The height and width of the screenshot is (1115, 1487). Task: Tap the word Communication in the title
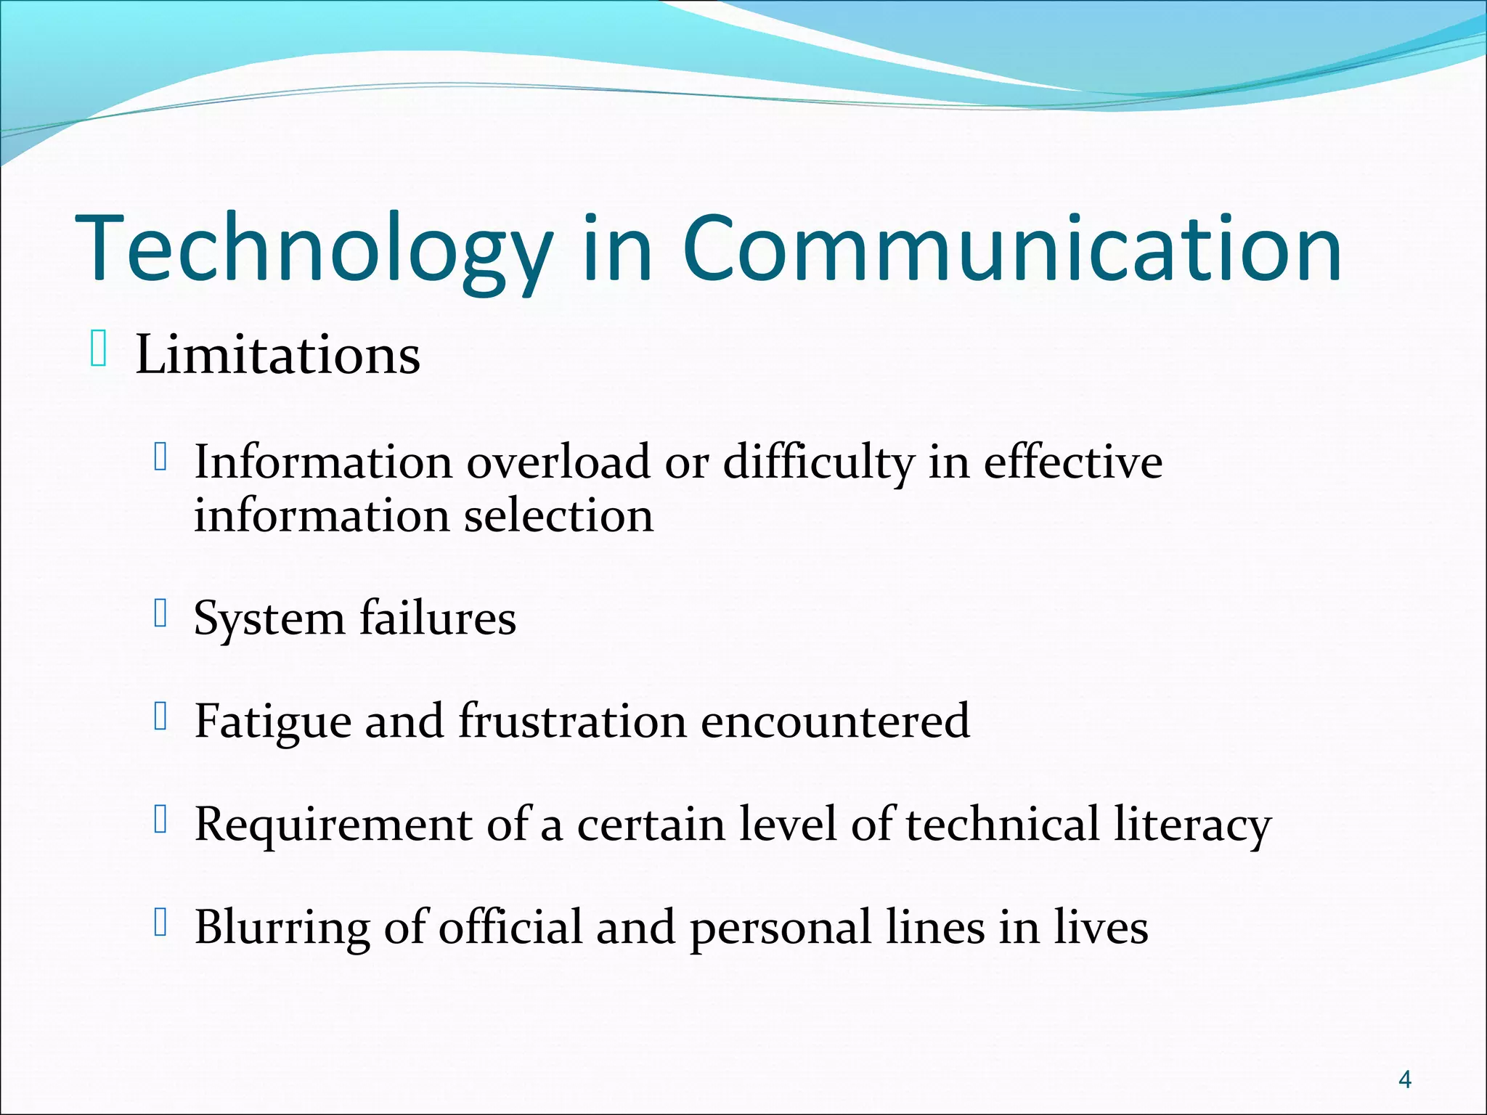[1011, 248]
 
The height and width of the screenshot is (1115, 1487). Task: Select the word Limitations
[277, 356]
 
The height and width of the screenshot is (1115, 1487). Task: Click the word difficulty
[818, 463]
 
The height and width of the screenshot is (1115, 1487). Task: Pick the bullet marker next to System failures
[161, 613]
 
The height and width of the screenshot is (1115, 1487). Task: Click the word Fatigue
[272, 722]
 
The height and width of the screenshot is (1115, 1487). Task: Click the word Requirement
[333, 825]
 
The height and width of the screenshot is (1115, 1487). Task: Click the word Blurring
[282, 928]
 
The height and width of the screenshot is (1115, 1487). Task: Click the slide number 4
[1404, 1080]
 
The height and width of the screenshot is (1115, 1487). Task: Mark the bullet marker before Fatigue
[161, 716]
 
